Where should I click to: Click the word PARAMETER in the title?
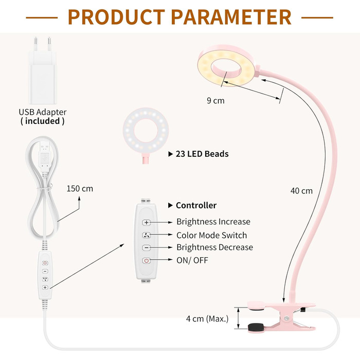(x=231, y=16)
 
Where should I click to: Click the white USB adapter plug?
(x=43, y=72)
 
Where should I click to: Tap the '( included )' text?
(x=43, y=121)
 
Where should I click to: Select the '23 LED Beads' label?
(x=202, y=154)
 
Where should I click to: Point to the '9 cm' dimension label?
(x=215, y=101)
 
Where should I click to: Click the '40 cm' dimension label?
(x=301, y=191)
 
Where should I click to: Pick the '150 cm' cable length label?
(x=80, y=188)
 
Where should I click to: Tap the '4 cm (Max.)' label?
(x=207, y=318)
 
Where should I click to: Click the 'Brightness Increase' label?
(x=213, y=222)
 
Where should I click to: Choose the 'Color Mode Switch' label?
(x=211, y=235)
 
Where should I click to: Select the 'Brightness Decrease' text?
(x=214, y=247)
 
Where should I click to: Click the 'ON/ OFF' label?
(x=192, y=260)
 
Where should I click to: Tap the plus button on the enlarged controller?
(x=147, y=223)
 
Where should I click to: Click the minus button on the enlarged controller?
(x=147, y=248)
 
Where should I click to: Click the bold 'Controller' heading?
(x=196, y=205)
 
